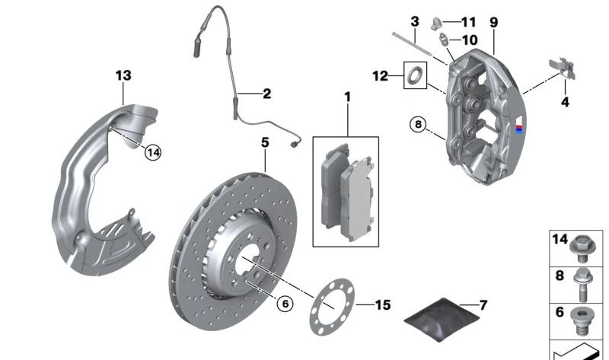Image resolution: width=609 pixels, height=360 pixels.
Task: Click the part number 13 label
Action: click(x=123, y=75)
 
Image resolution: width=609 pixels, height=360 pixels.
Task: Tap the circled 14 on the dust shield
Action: click(x=154, y=152)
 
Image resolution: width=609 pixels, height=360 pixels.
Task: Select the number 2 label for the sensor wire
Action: click(x=266, y=94)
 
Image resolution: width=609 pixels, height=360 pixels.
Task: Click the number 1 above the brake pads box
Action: click(x=348, y=97)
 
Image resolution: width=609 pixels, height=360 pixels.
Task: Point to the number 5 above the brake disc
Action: click(x=265, y=142)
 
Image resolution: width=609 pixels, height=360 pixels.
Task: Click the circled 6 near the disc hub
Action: click(x=284, y=304)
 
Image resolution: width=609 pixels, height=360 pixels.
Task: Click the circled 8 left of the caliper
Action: click(x=417, y=123)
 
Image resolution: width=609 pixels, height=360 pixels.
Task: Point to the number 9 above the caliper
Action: click(x=493, y=23)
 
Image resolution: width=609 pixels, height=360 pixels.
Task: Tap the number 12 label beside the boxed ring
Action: click(x=380, y=75)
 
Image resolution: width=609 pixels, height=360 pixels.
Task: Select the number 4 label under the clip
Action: click(x=564, y=101)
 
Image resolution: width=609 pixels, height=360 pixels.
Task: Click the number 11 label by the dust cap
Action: click(x=467, y=21)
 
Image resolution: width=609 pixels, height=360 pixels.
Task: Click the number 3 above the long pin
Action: click(x=414, y=20)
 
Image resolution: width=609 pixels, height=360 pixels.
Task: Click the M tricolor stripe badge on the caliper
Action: click(x=519, y=127)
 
